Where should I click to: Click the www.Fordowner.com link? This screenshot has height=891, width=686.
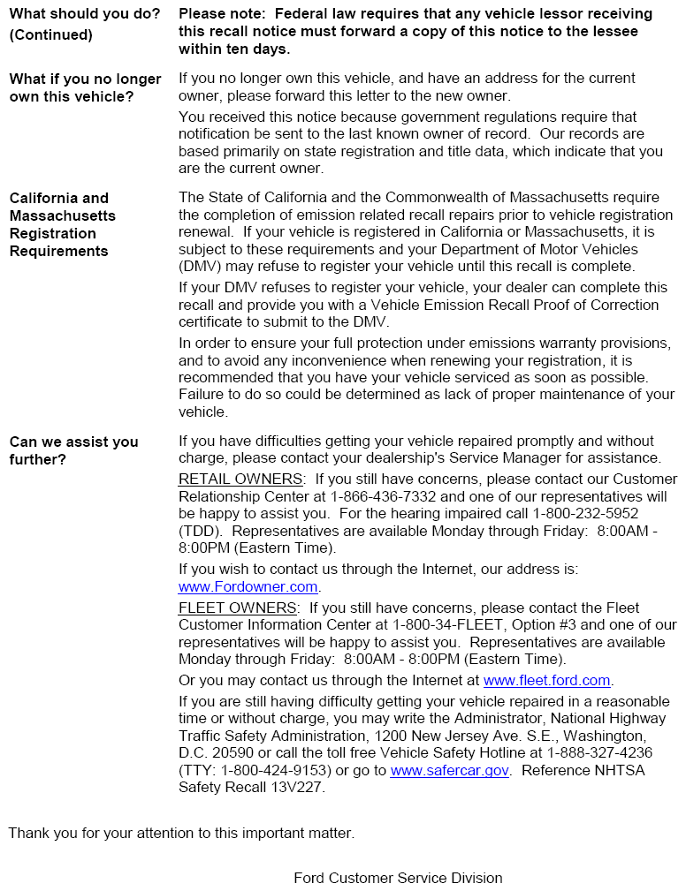pos(248,587)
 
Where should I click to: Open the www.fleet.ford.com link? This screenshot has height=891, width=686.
pos(547,680)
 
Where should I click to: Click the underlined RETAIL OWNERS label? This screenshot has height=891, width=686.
pos(240,479)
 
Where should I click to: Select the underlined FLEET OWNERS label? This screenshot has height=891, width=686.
pos(237,608)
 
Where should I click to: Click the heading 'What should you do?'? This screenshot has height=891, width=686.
pos(85,14)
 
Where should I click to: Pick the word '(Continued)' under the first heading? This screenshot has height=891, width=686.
pos(50,34)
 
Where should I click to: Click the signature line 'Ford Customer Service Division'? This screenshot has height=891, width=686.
pos(398,878)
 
